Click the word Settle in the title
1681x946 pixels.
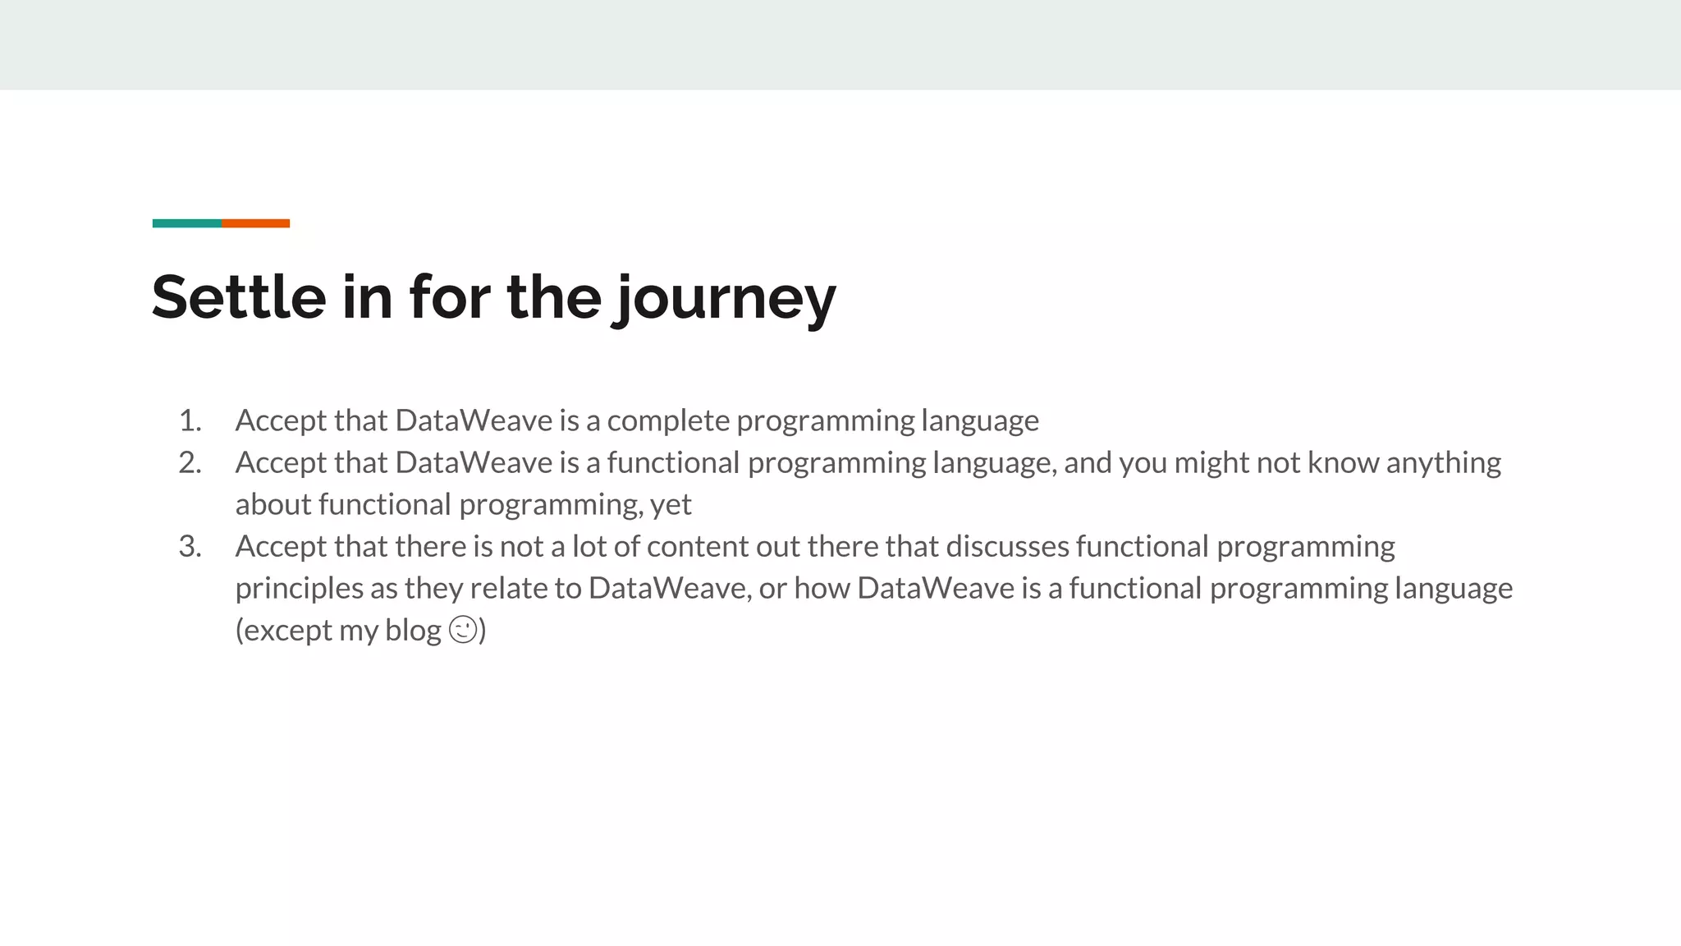[x=239, y=296]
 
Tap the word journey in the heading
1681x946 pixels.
[x=726, y=299]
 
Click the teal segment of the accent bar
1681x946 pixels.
[x=186, y=223]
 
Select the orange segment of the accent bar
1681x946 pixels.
[x=255, y=223]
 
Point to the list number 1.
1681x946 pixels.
[x=190, y=421]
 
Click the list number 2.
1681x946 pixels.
[x=190, y=463]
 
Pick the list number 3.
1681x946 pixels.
[x=190, y=547]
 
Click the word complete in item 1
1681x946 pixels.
[x=668, y=421]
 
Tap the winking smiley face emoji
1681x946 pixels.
[x=463, y=630]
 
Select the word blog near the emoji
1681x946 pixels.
[x=413, y=631]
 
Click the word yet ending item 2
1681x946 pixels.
[x=671, y=505]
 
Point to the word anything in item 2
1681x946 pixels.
[x=1444, y=463]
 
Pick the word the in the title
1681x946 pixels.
[x=554, y=296]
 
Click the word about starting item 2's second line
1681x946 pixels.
[x=273, y=505]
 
